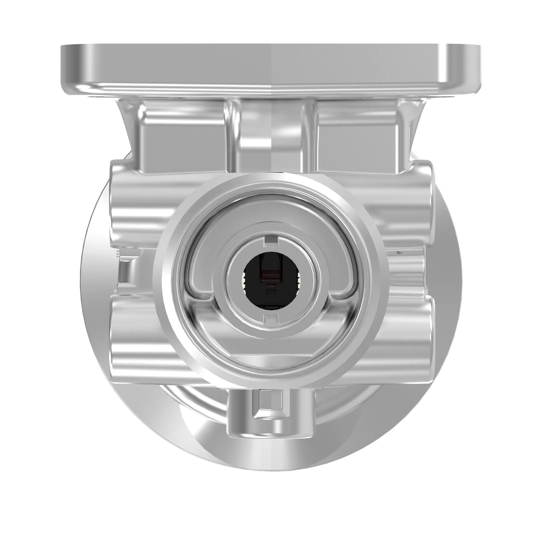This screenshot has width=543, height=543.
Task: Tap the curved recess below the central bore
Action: [x=271, y=337]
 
